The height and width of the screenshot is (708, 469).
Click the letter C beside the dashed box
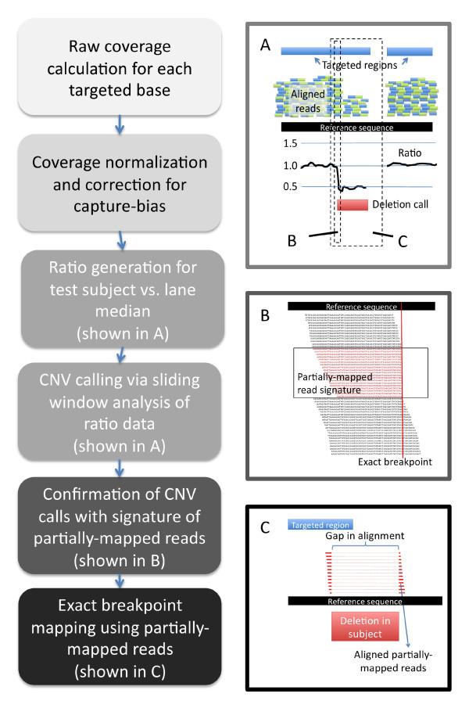pyautogui.click(x=403, y=242)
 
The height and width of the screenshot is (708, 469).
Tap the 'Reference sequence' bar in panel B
pyautogui.click(x=356, y=307)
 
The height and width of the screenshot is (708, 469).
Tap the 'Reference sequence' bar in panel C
pyautogui.click(x=356, y=601)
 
